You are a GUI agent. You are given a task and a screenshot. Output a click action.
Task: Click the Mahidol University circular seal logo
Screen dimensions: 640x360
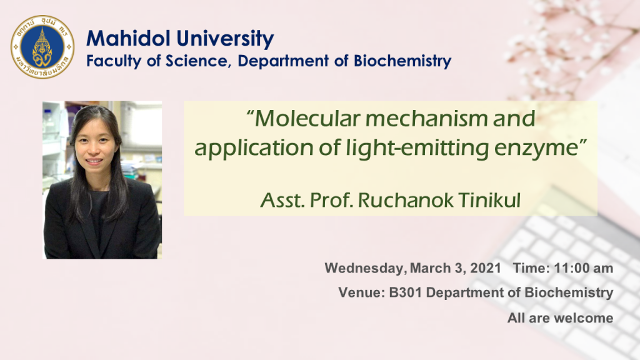42,47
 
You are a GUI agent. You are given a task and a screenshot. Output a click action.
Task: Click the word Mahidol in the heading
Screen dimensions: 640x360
128,39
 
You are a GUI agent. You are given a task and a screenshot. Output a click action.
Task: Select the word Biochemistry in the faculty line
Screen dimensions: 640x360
402,61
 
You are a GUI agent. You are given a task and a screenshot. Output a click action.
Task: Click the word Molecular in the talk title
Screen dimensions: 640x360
308,118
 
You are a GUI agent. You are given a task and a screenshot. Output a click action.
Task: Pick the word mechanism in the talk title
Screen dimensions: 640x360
426,118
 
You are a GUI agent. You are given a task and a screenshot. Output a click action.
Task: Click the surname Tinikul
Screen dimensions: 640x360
489,200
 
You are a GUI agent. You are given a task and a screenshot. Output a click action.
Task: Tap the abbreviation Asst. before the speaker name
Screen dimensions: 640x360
282,200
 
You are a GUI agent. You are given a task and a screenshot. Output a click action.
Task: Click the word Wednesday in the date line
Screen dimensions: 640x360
365,268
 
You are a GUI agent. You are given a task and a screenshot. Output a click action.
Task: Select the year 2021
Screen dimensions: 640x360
485,268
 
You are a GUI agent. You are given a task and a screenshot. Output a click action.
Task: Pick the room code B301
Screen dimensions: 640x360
405,292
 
